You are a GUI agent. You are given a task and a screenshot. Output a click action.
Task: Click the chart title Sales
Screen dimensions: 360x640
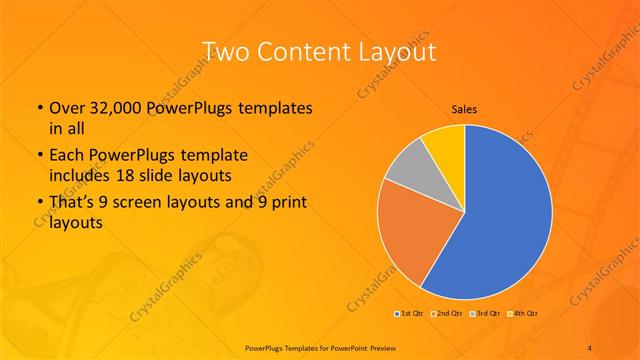click(464, 109)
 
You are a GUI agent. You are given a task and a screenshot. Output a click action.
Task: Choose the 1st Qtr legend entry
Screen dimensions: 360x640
click(409, 313)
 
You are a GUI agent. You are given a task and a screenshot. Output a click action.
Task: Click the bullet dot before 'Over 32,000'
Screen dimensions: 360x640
click(38, 108)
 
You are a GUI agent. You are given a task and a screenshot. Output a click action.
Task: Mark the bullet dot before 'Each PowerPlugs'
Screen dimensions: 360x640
click(38, 156)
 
